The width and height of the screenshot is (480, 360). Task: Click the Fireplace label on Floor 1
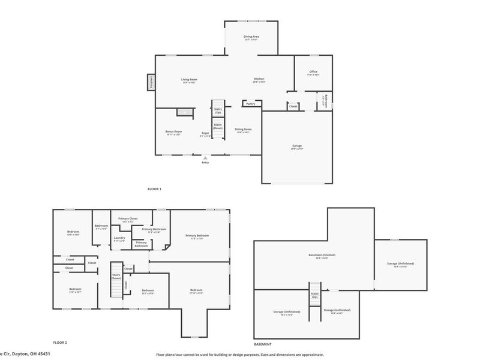151,82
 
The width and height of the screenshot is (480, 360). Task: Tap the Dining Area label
251,37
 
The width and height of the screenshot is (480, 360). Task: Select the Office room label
313,72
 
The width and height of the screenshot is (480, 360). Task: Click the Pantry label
251,104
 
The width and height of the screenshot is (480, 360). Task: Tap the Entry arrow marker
205,158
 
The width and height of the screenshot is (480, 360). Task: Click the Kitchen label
259,79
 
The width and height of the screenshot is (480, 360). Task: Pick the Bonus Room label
174,131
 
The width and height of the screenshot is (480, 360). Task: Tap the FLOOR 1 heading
154,189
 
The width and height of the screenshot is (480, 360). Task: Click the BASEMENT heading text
262,344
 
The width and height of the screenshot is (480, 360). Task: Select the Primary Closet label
128,218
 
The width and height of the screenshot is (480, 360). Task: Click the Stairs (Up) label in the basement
314,295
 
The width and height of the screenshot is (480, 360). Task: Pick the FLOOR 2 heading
60,342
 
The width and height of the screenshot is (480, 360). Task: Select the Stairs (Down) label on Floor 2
116,277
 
